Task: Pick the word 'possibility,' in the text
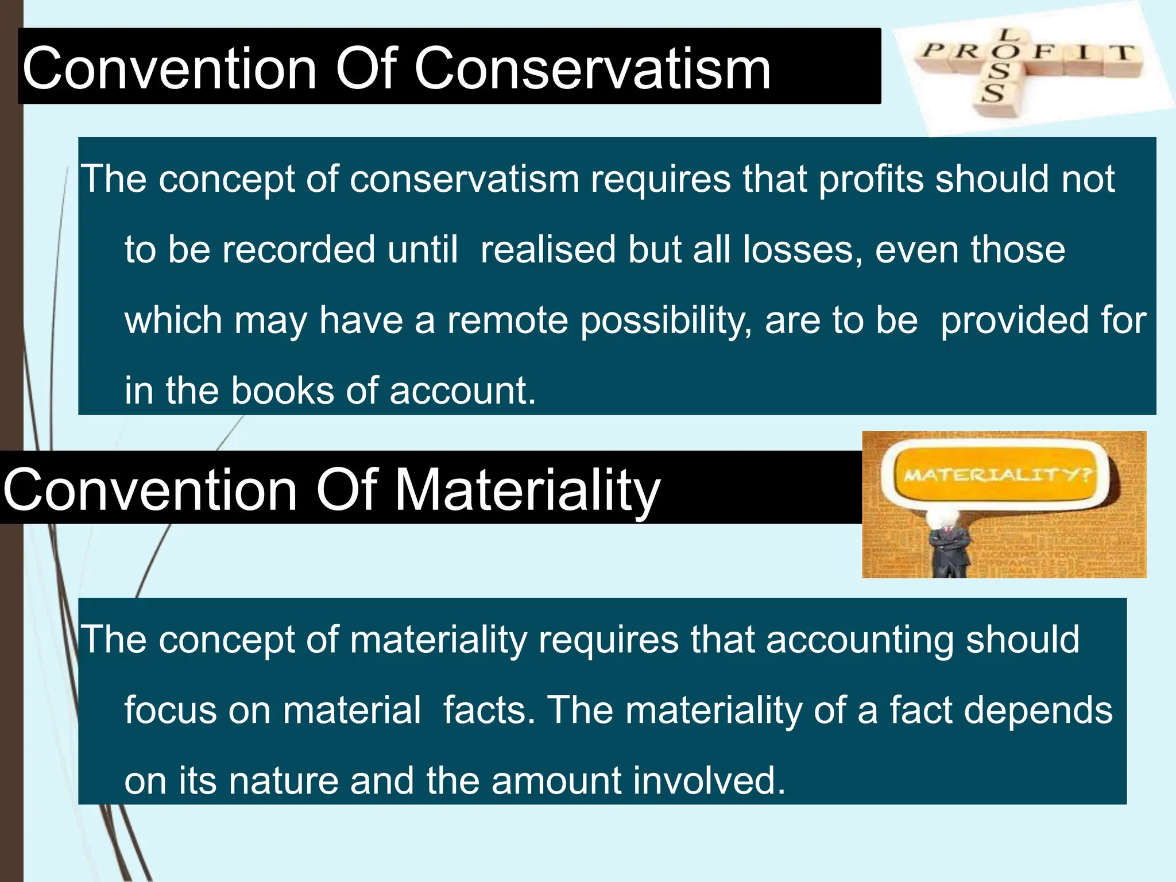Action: pos(666,320)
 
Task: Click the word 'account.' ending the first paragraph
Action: pos(462,391)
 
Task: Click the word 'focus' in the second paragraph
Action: pos(171,710)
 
